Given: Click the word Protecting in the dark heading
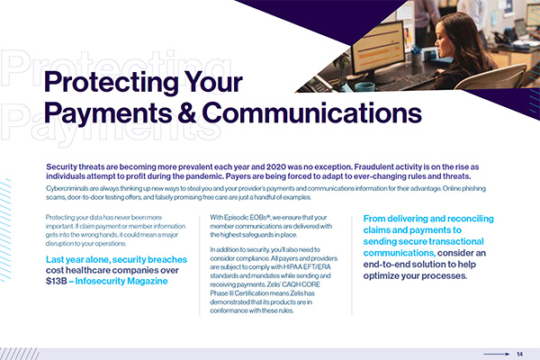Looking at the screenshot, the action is (x=111, y=83).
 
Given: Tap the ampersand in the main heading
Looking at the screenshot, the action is (x=187, y=112).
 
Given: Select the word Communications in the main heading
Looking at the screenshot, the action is (x=311, y=112).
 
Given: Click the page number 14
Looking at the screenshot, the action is (x=519, y=354).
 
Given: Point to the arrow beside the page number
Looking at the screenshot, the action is (x=496, y=354).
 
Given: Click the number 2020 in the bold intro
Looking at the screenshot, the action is (x=276, y=167).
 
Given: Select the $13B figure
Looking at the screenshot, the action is (x=56, y=281).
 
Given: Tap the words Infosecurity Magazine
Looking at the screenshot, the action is (x=121, y=281).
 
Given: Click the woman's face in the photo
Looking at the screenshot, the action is (x=442, y=39).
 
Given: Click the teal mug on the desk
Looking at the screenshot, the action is (x=364, y=86).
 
